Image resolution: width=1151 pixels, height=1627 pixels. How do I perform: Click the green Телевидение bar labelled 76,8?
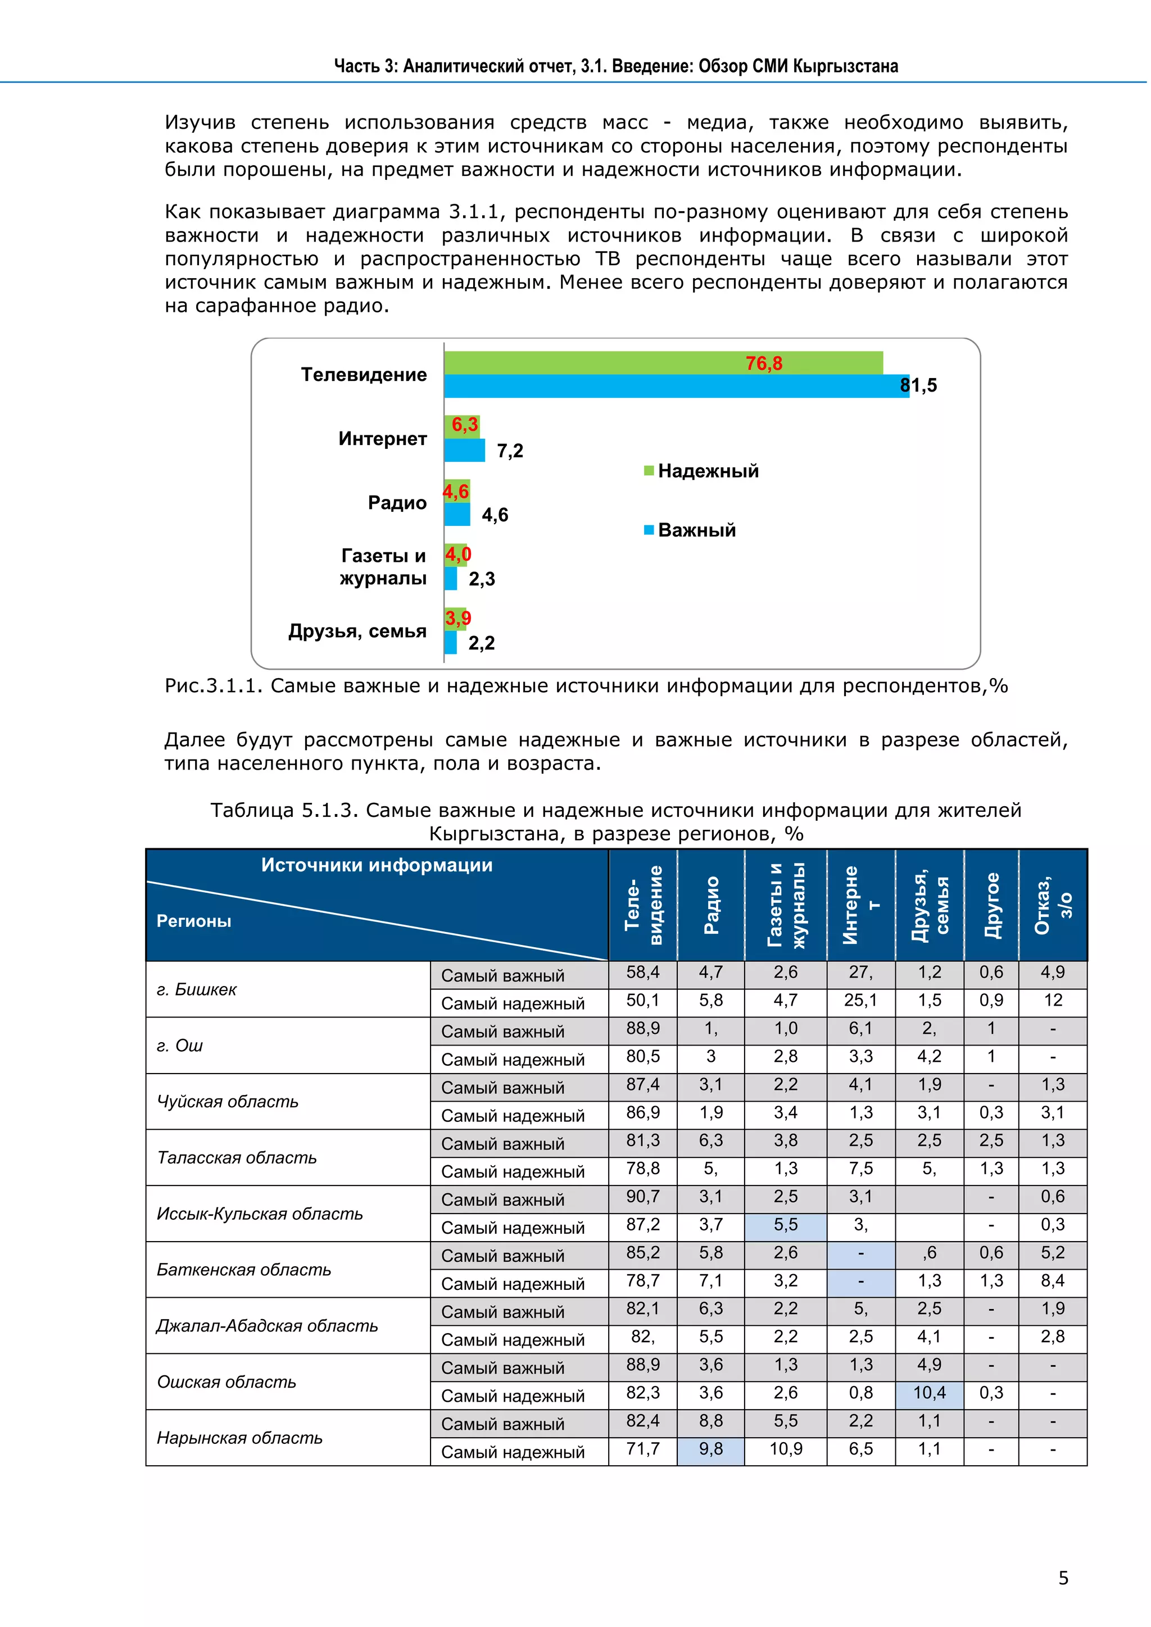coord(663,363)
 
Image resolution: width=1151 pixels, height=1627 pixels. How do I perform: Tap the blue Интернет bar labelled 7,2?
coord(464,451)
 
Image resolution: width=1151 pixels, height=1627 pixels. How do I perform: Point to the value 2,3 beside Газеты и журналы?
coord(482,579)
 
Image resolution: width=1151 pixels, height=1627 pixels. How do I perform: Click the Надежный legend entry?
coord(701,471)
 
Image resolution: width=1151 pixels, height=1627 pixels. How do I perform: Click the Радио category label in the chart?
coord(397,503)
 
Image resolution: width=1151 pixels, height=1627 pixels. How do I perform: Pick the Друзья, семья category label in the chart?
coord(357,631)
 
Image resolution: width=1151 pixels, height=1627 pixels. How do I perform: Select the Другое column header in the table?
coord(993,906)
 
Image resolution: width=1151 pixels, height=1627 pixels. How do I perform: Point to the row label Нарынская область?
coord(239,1438)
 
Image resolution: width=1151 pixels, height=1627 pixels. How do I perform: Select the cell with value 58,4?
coord(642,973)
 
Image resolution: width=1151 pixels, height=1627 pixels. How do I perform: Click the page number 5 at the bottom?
coord(1063,1578)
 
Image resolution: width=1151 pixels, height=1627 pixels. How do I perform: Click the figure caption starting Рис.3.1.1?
coord(586,686)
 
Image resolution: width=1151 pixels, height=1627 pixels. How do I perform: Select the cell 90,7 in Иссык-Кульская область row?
coord(642,1197)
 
